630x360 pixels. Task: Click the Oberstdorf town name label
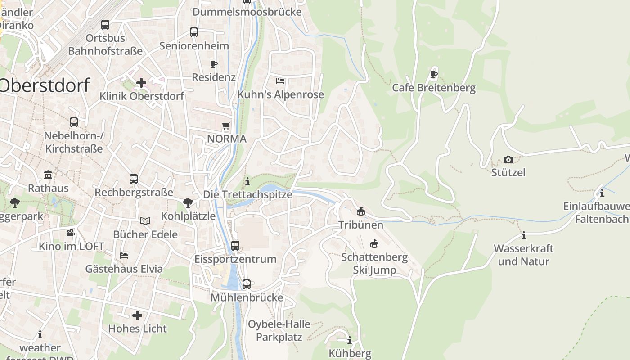click(x=44, y=85)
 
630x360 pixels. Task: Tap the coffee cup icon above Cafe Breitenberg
click(x=434, y=74)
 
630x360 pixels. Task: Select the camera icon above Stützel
click(x=508, y=159)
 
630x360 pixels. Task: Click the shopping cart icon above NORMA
click(x=226, y=126)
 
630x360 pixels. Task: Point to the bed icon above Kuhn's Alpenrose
click(x=280, y=81)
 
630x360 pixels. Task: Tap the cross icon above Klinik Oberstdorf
click(x=141, y=83)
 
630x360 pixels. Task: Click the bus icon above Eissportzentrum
click(x=235, y=246)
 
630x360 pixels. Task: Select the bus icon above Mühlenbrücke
click(x=247, y=284)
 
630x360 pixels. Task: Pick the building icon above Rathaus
click(x=48, y=175)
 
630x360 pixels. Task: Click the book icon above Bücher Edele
click(x=145, y=221)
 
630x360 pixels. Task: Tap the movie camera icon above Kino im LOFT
click(x=71, y=233)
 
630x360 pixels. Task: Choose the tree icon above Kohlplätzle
click(x=188, y=203)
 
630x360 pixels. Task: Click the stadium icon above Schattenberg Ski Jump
click(x=374, y=244)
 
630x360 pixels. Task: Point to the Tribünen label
click(x=361, y=225)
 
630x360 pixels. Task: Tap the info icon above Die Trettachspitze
click(x=247, y=181)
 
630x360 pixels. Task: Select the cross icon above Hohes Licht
click(x=137, y=315)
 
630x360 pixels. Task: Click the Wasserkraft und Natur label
click(x=523, y=255)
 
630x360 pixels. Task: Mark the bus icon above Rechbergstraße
click(x=134, y=179)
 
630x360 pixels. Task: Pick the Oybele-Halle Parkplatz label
click(x=279, y=330)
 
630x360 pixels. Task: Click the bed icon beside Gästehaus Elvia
click(x=124, y=256)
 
